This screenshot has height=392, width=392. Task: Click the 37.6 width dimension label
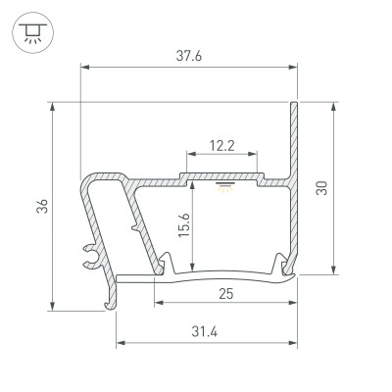tap(188, 56)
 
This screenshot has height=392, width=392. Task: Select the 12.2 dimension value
tap(221, 146)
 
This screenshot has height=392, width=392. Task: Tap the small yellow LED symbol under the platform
tap(223, 187)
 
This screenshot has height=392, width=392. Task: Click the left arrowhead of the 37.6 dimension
tap(83, 68)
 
